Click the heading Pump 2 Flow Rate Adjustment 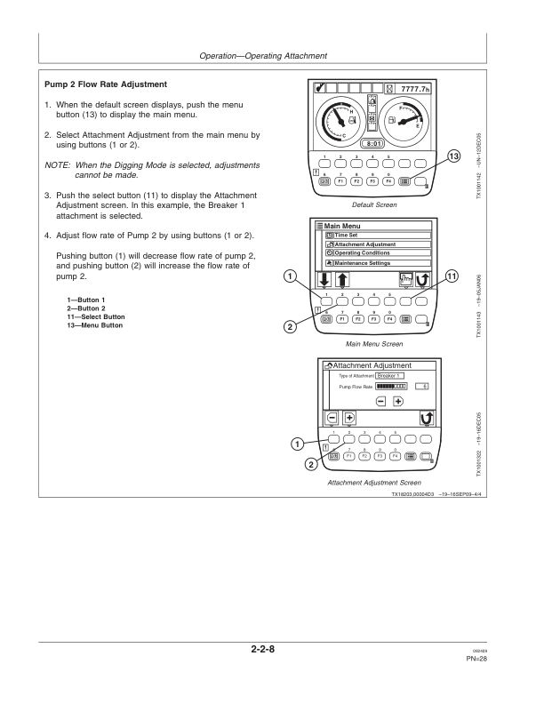[x=106, y=84]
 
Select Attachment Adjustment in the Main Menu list [x=364, y=244]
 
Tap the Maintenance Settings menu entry [x=364, y=263]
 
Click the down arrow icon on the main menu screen [x=324, y=280]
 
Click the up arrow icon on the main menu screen [x=342, y=280]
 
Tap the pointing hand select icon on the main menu [x=404, y=279]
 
